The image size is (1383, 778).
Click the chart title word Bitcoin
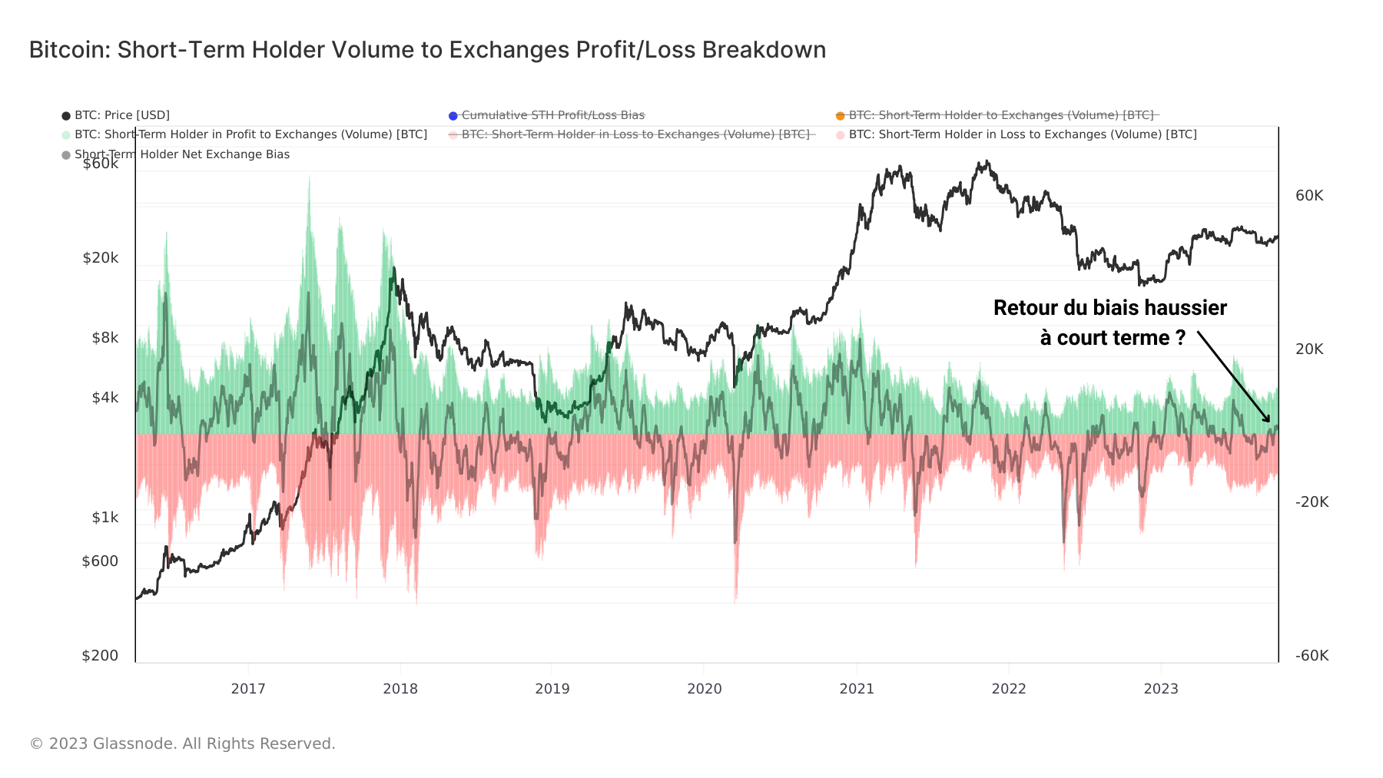pyautogui.click(x=68, y=50)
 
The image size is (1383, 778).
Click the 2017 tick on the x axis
pyautogui.click(x=248, y=688)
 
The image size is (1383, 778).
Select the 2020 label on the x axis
pyautogui.click(x=704, y=688)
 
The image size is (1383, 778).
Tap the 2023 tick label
pyautogui.click(x=1160, y=688)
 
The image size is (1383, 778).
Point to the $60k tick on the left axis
pyautogui.click(x=101, y=164)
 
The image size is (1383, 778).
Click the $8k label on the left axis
pyautogui.click(x=105, y=338)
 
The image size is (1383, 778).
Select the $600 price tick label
pyautogui.click(x=101, y=561)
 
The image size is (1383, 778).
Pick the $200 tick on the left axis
pyautogui.click(x=101, y=655)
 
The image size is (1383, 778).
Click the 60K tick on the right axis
pyautogui.click(x=1308, y=196)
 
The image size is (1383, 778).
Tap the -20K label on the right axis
pyautogui.click(x=1311, y=502)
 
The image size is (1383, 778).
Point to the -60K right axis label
pyautogui.click(x=1311, y=655)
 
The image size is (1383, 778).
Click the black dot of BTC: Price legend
pyautogui.click(x=66, y=116)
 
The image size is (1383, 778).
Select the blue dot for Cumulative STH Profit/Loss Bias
pyautogui.click(x=453, y=116)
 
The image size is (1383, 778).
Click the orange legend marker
pyautogui.click(x=840, y=116)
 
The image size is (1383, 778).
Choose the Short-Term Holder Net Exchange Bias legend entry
pyautogui.click(x=181, y=154)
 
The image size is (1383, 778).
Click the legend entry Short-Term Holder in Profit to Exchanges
pyautogui.click(x=250, y=134)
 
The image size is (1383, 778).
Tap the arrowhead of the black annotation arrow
pyautogui.click(x=1268, y=419)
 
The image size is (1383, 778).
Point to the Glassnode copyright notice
pyautogui.click(x=183, y=743)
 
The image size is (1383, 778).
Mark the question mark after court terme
pyautogui.click(x=1180, y=338)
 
